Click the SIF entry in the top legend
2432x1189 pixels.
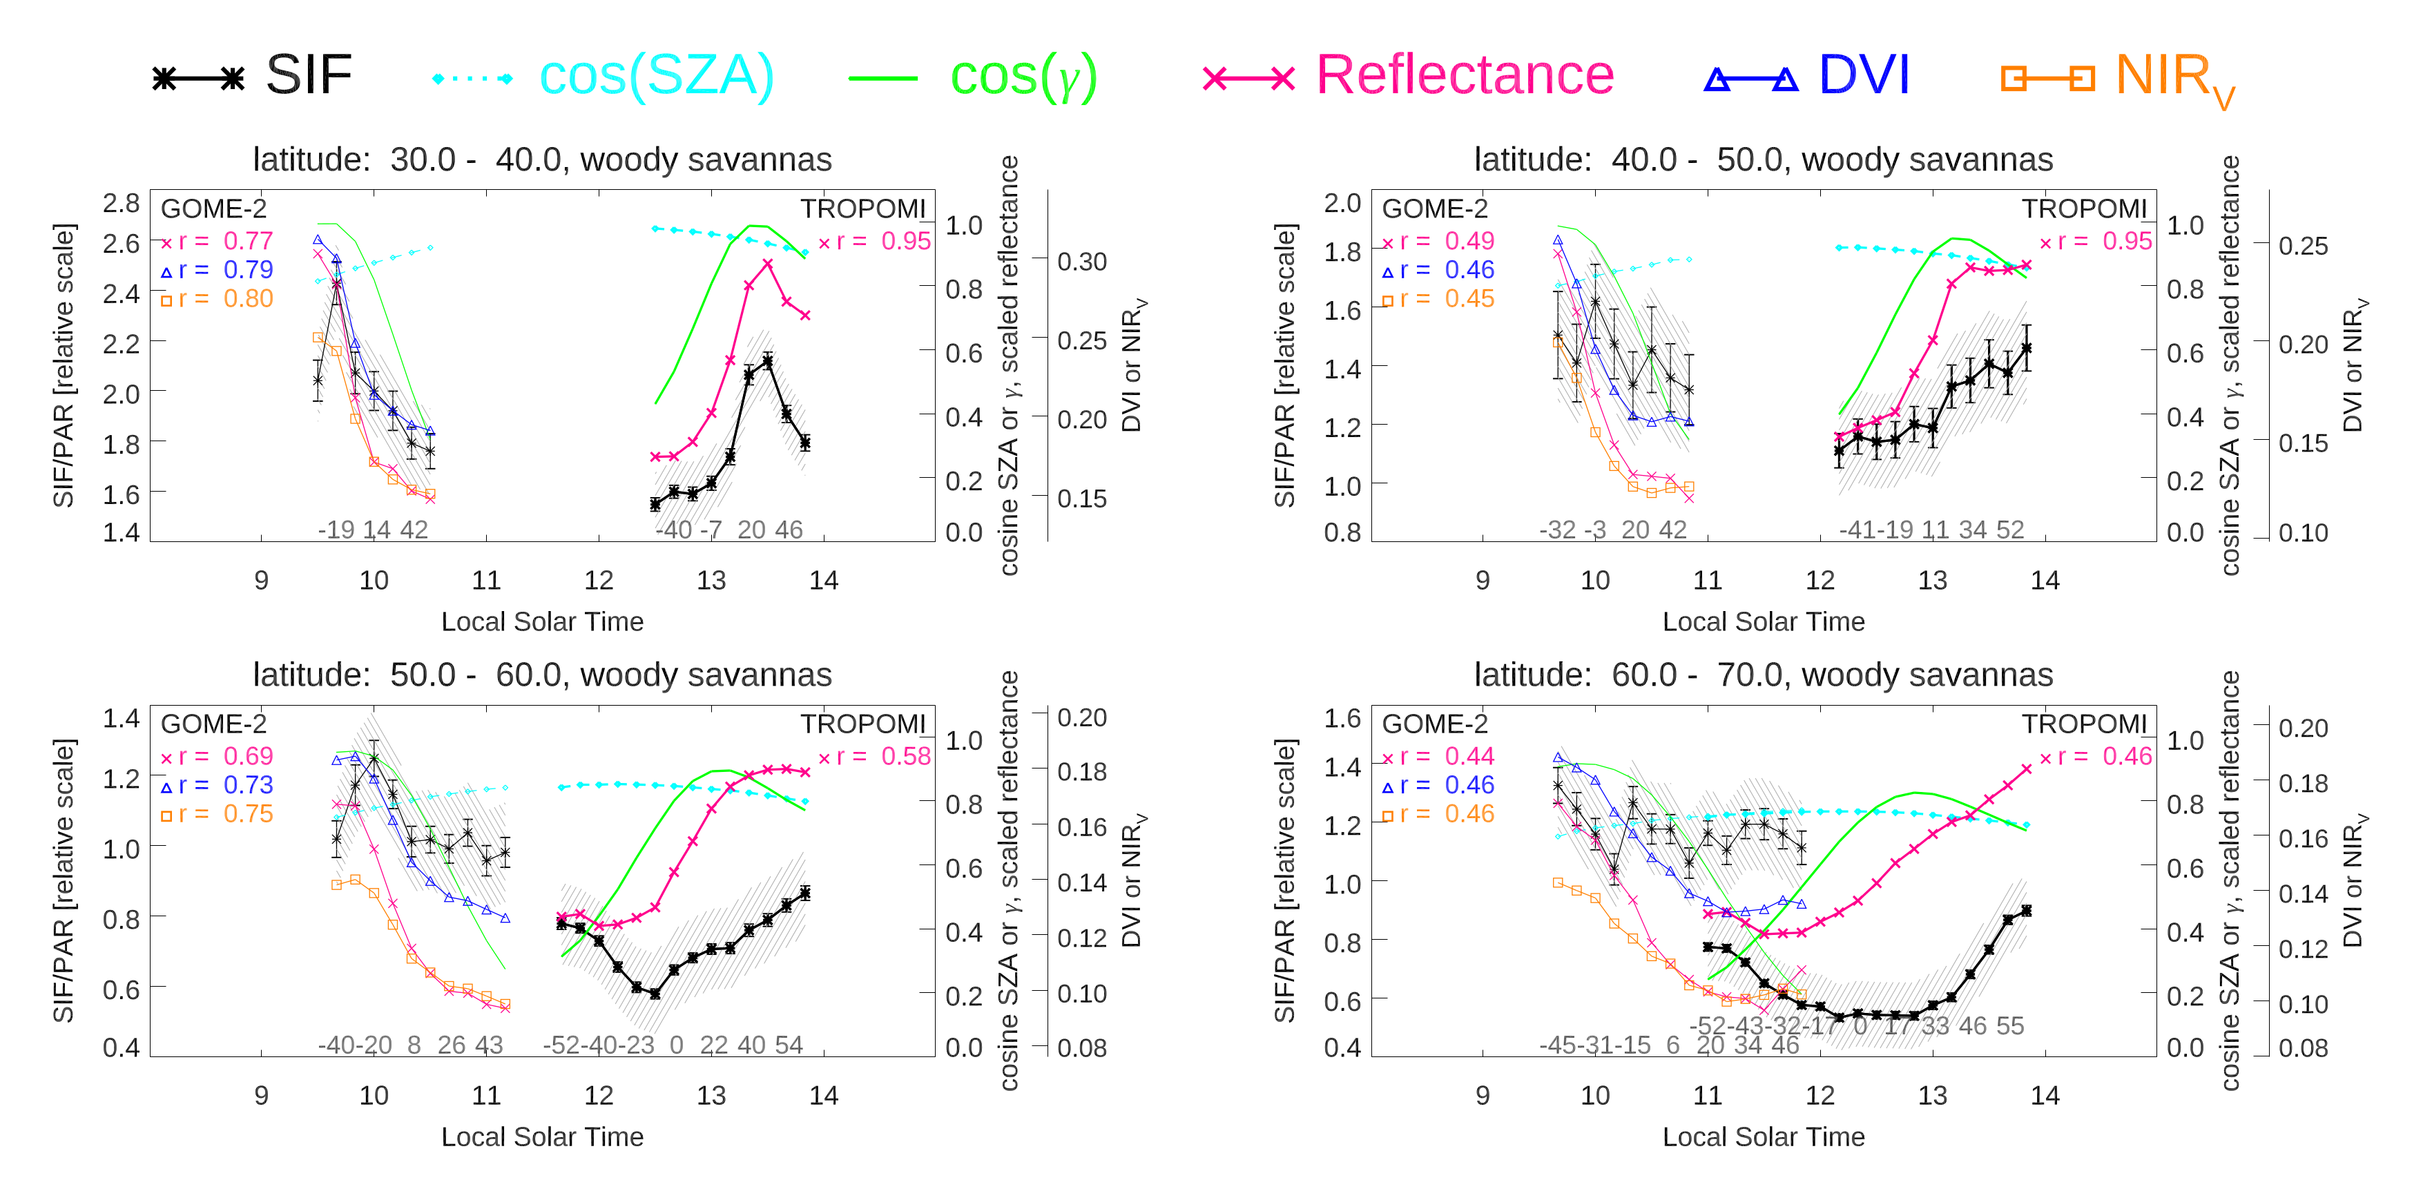[308, 75]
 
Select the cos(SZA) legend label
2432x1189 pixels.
[655, 75]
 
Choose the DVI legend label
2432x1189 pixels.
[1863, 75]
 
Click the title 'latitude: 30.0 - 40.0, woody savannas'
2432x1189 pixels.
[542, 159]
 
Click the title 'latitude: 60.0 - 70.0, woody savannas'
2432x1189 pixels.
[1763, 675]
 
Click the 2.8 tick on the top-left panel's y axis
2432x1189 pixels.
[121, 203]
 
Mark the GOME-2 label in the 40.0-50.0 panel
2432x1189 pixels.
[1434, 209]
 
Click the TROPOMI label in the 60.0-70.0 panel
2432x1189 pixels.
[2083, 724]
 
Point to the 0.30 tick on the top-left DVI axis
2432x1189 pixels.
[1081, 262]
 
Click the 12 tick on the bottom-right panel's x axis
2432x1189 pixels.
[1820, 1096]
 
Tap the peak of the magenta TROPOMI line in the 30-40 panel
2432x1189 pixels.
[768, 264]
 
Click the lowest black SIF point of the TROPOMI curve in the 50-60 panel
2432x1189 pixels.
[654, 994]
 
